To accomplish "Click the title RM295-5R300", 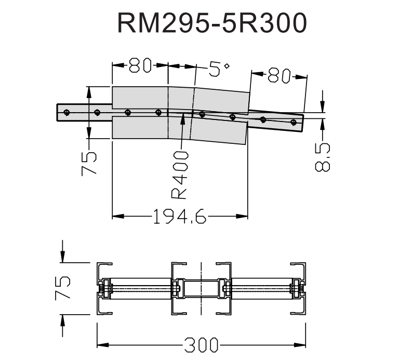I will [212, 23].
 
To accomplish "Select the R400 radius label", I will [180, 175].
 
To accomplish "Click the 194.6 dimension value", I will [179, 215].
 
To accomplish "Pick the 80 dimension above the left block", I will [140, 65].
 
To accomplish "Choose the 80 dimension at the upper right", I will [280, 76].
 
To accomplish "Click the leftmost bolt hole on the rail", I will [66, 112].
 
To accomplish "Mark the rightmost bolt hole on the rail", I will [294, 123].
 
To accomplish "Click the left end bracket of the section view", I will [104, 288].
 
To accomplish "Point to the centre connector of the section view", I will [201, 288].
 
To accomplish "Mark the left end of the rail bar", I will [58, 112].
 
